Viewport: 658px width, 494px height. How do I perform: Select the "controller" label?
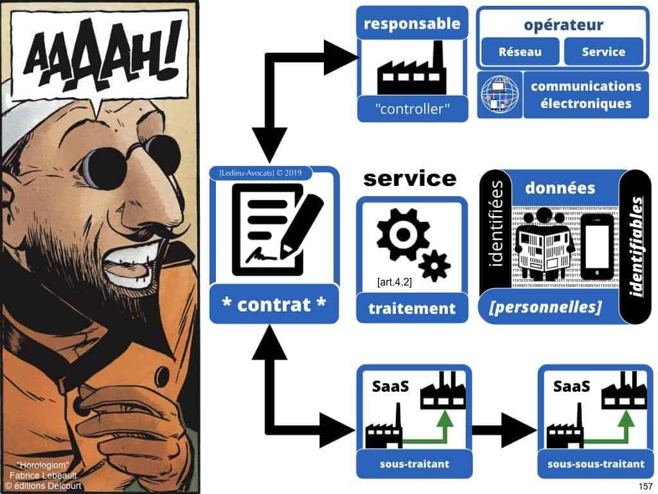click(x=411, y=109)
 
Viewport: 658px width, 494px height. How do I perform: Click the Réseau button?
click(x=519, y=52)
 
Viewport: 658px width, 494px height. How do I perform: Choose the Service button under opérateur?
click(x=603, y=52)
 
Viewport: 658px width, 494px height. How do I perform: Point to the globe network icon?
click(x=499, y=94)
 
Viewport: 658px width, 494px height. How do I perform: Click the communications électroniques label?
click(x=585, y=95)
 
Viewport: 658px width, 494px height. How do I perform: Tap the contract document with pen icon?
click(x=272, y=229)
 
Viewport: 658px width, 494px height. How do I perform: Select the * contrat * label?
click(x=273, y=304)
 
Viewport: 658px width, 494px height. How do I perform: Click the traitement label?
click(x=411, y=309)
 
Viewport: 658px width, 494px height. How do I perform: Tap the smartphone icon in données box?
click(x=595, y=247)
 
